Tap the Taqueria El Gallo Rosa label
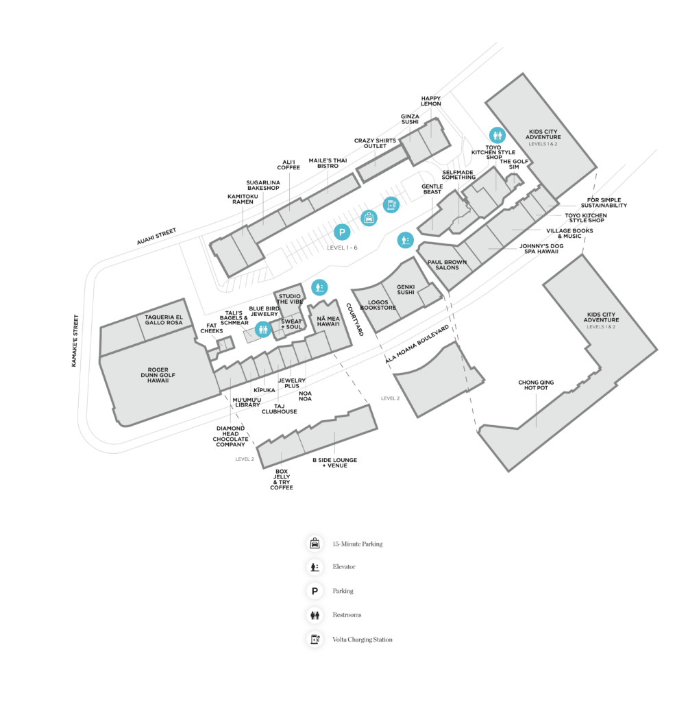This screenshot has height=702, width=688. coord(164,319)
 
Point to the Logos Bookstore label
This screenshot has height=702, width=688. coord(378,305)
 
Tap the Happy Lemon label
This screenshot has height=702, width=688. coord(431,101)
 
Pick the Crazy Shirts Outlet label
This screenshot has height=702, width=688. coord(375,144)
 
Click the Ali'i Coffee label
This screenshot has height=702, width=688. coord(289,164)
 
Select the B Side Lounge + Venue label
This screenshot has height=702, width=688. coord(334,463)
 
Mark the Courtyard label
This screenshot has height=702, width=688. coord(354,319)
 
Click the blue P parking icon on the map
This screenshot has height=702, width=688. coord(342,232)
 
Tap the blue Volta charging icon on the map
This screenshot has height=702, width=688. coord(390,204)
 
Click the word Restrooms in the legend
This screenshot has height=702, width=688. coord(347,615)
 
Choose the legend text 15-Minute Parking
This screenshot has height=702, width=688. coord(357,544)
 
